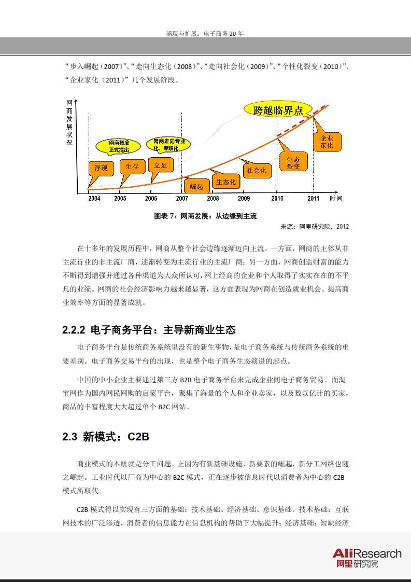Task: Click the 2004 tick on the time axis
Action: point(94,199)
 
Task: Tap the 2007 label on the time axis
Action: point(182,199)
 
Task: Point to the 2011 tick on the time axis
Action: point(314,199)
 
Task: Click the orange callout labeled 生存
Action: point(132,167)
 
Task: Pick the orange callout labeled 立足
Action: point(160,166)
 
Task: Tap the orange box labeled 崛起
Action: point(196,186)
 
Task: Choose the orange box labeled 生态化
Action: point(225,182)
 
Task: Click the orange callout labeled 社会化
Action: point(257,170)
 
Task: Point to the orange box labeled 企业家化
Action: point(327,142)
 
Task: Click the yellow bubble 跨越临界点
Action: point(278,110)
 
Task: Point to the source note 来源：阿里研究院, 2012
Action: point(315,226)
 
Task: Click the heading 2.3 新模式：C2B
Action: point(106,437)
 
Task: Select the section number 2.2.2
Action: point(74,330)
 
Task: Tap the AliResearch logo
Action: point(366,558)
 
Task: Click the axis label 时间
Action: point(336,199)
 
